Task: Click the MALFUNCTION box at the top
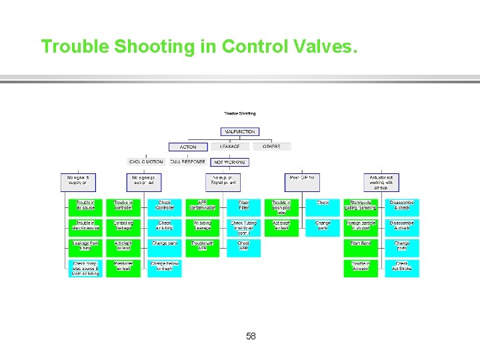239,131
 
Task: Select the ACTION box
188,147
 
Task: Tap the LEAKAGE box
230,147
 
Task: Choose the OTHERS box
271,147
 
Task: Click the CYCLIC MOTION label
146,161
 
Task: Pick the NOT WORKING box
230,161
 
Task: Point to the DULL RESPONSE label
188,161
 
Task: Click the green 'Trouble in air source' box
85,205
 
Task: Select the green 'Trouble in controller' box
123,205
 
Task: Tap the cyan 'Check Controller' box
165,205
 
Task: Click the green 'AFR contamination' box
203,205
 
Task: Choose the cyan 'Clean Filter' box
244,205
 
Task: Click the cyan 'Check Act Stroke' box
402,266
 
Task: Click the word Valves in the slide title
327,47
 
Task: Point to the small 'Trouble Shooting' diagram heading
239,114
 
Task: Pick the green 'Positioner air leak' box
123,266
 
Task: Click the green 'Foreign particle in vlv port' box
361,226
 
